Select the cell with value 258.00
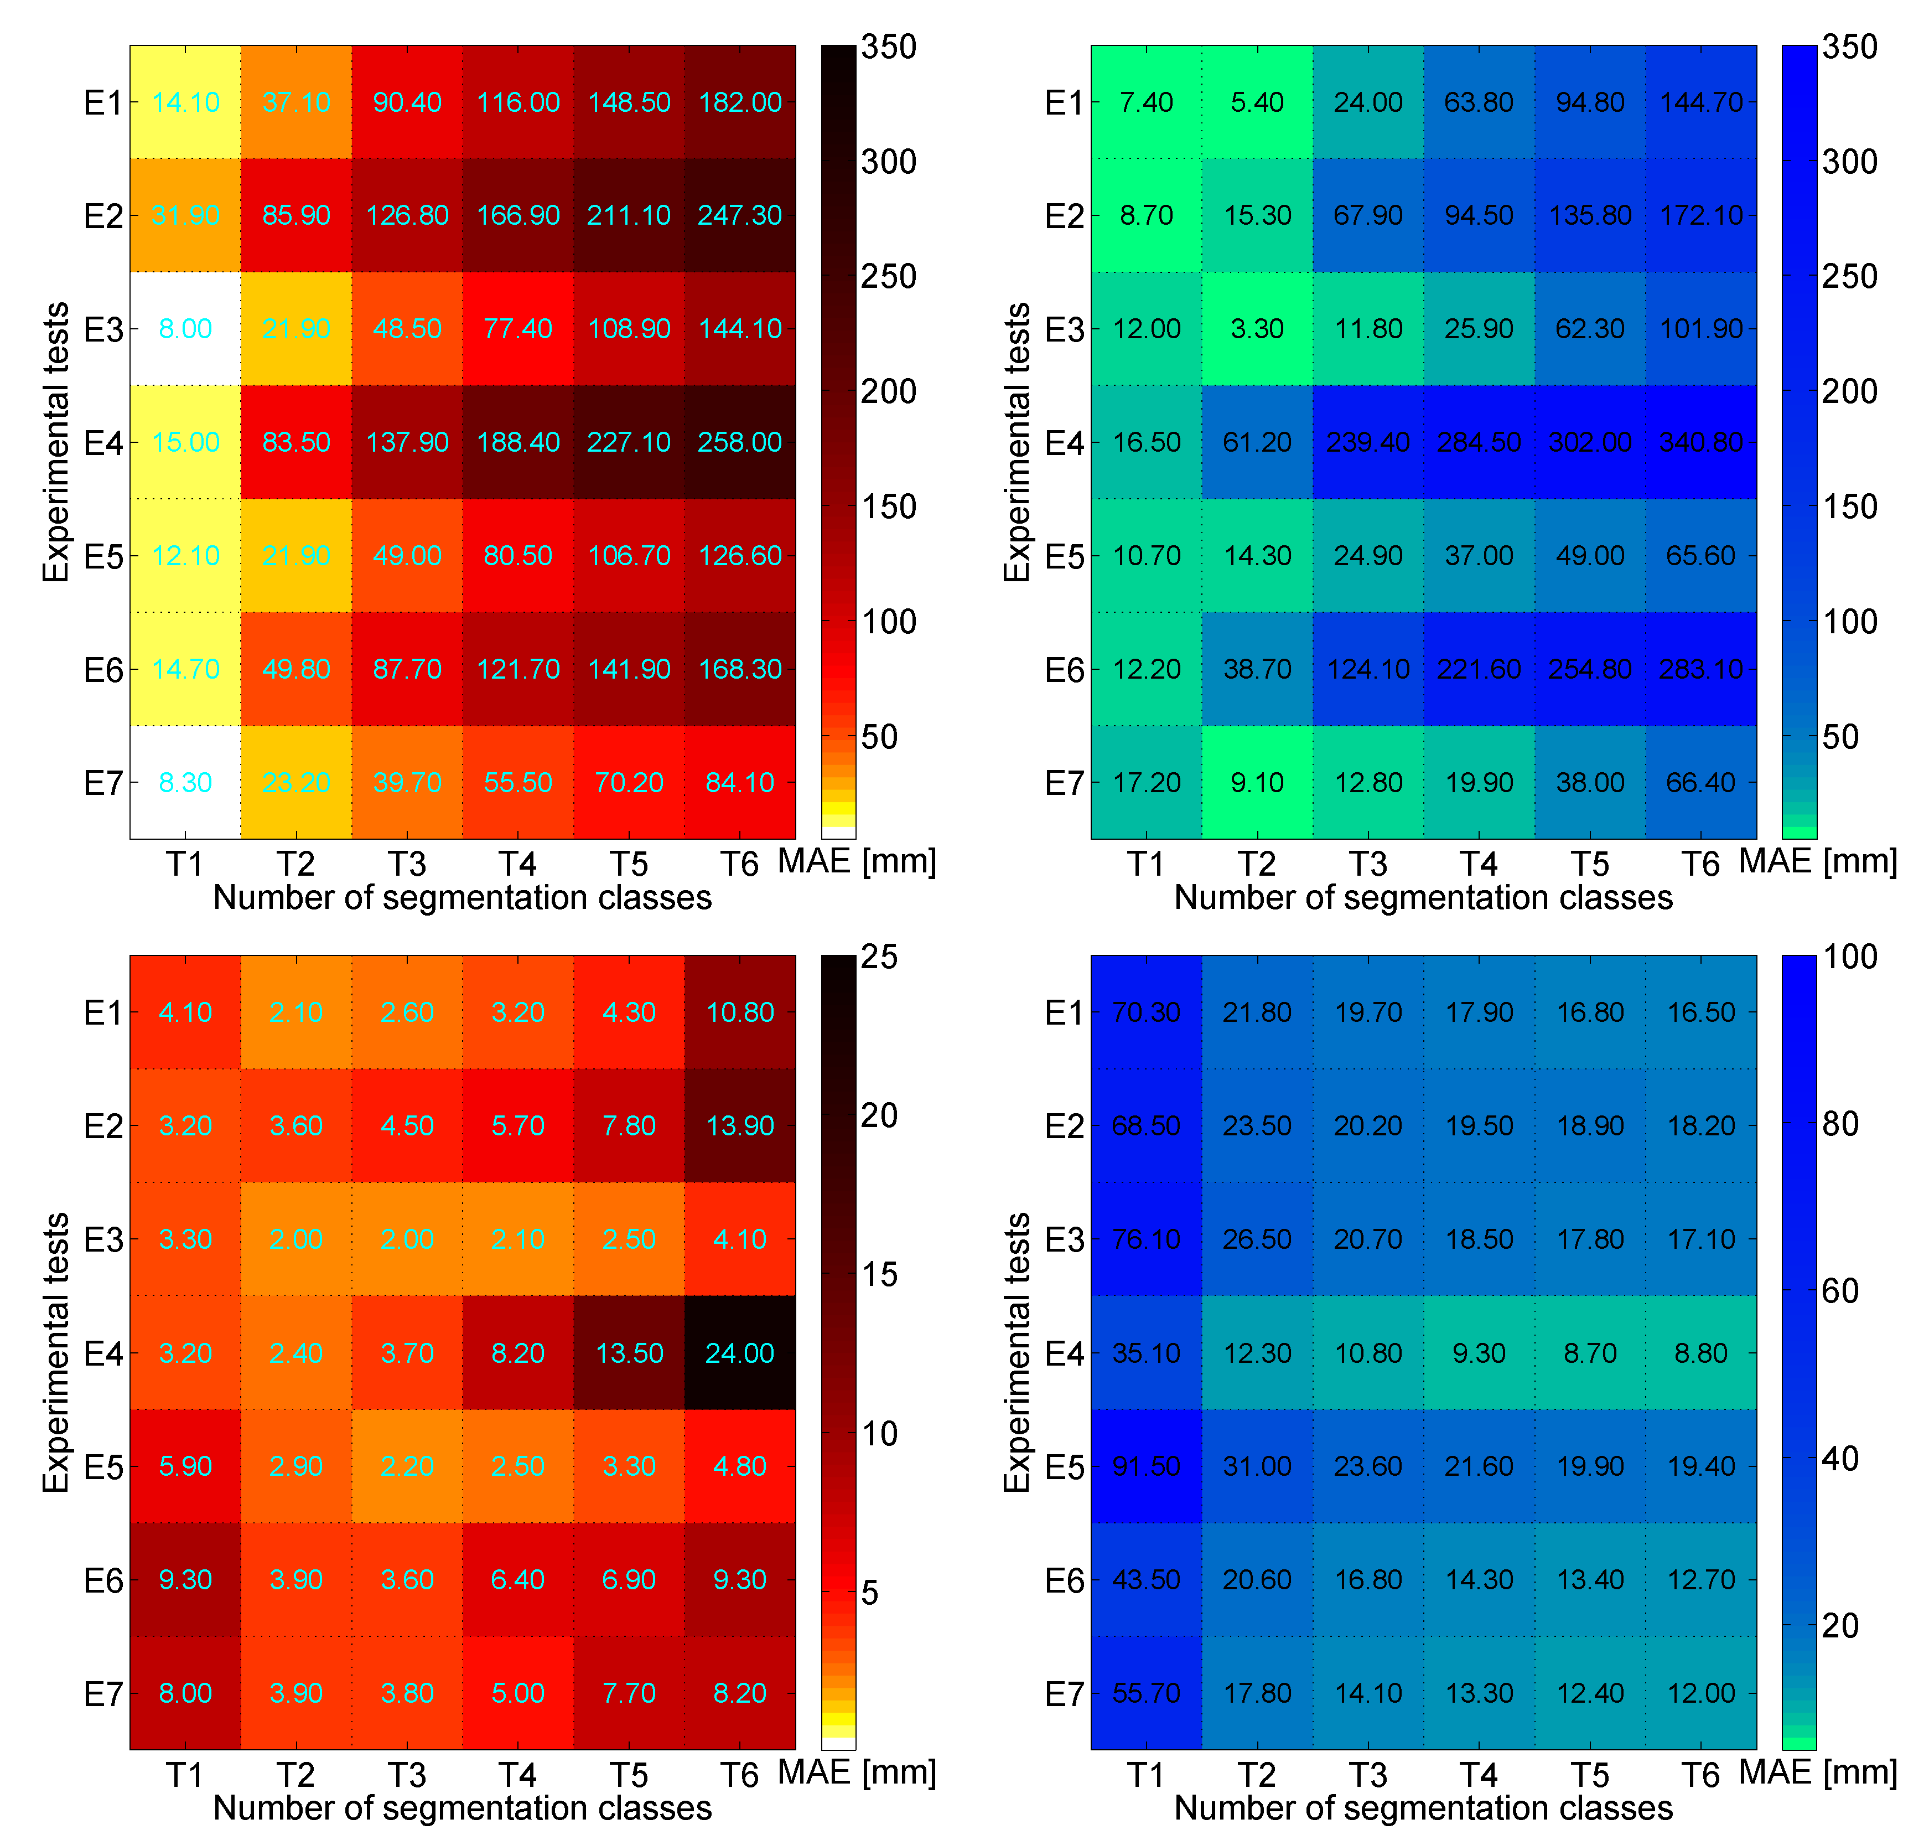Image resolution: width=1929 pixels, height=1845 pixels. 739,442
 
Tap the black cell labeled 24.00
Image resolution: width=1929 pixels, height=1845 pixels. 739,1352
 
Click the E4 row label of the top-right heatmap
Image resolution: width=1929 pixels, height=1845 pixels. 1064,442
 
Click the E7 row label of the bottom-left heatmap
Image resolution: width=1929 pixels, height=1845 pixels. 103,1693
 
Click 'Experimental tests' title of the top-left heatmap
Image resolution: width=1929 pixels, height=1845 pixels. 56,442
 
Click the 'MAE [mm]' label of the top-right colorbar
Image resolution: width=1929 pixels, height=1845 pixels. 1817,861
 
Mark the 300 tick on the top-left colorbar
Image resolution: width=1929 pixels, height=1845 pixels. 888,161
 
